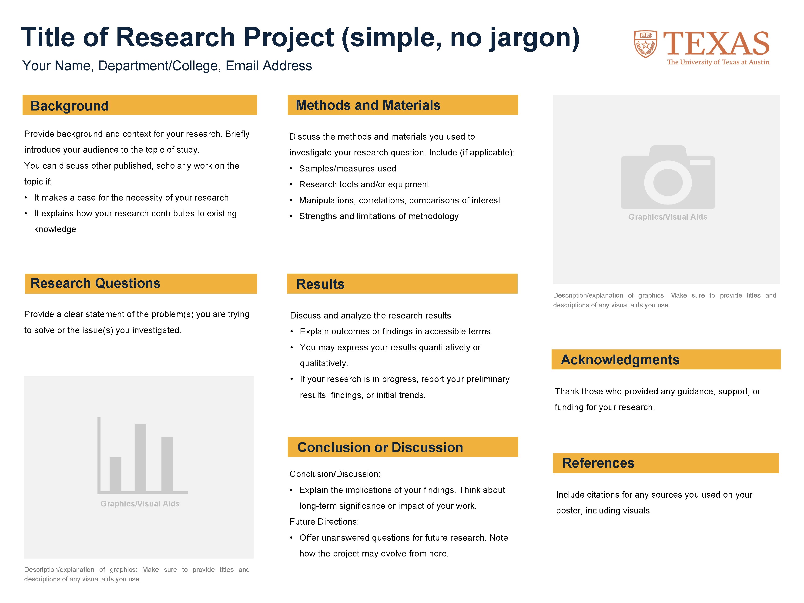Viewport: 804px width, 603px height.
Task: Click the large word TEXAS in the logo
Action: [x=716, y=44]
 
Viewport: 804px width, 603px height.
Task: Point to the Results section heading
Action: [x=320, y=284]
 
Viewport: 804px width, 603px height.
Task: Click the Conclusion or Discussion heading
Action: [x=380, y=447]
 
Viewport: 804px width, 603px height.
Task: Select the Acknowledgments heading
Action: [x=620, y=359]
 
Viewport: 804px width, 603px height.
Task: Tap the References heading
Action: [x=598, y=463]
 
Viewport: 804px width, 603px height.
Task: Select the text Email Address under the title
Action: [x=269, y=66]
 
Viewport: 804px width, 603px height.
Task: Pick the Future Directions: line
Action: [x=324, y=522]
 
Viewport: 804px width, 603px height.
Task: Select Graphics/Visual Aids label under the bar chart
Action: [x=140, y=504]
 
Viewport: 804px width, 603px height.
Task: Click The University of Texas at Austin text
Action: [x=718, y=62]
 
